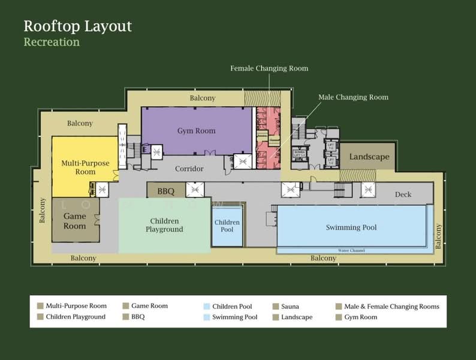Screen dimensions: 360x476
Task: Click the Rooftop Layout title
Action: coord(77,26)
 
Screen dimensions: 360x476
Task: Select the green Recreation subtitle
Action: coord(52,42)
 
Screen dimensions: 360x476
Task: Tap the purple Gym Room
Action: coord(196,131)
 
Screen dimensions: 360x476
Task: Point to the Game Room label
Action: coord(75,221)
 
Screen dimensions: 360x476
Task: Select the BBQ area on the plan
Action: coord(165,191)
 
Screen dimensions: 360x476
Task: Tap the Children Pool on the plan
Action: coord(227,226)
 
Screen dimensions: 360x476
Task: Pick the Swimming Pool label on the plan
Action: coord(351,227)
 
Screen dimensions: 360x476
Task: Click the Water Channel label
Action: coord(351,250)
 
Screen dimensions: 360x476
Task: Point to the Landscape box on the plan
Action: coord(369,157)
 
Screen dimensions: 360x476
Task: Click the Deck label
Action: coord(403,194)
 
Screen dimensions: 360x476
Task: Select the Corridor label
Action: coord(189,169)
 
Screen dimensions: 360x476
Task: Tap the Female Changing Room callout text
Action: coord(269,68)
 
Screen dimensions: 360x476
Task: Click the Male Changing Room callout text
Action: coord(353,97)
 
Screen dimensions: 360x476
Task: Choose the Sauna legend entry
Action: coord(290,306)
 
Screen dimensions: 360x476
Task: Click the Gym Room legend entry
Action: coord(360,317)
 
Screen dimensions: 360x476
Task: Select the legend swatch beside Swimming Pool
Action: coord(207,317)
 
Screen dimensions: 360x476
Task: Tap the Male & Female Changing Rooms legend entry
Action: coord(391,306)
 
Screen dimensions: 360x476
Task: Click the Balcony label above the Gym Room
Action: coord(203,98)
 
